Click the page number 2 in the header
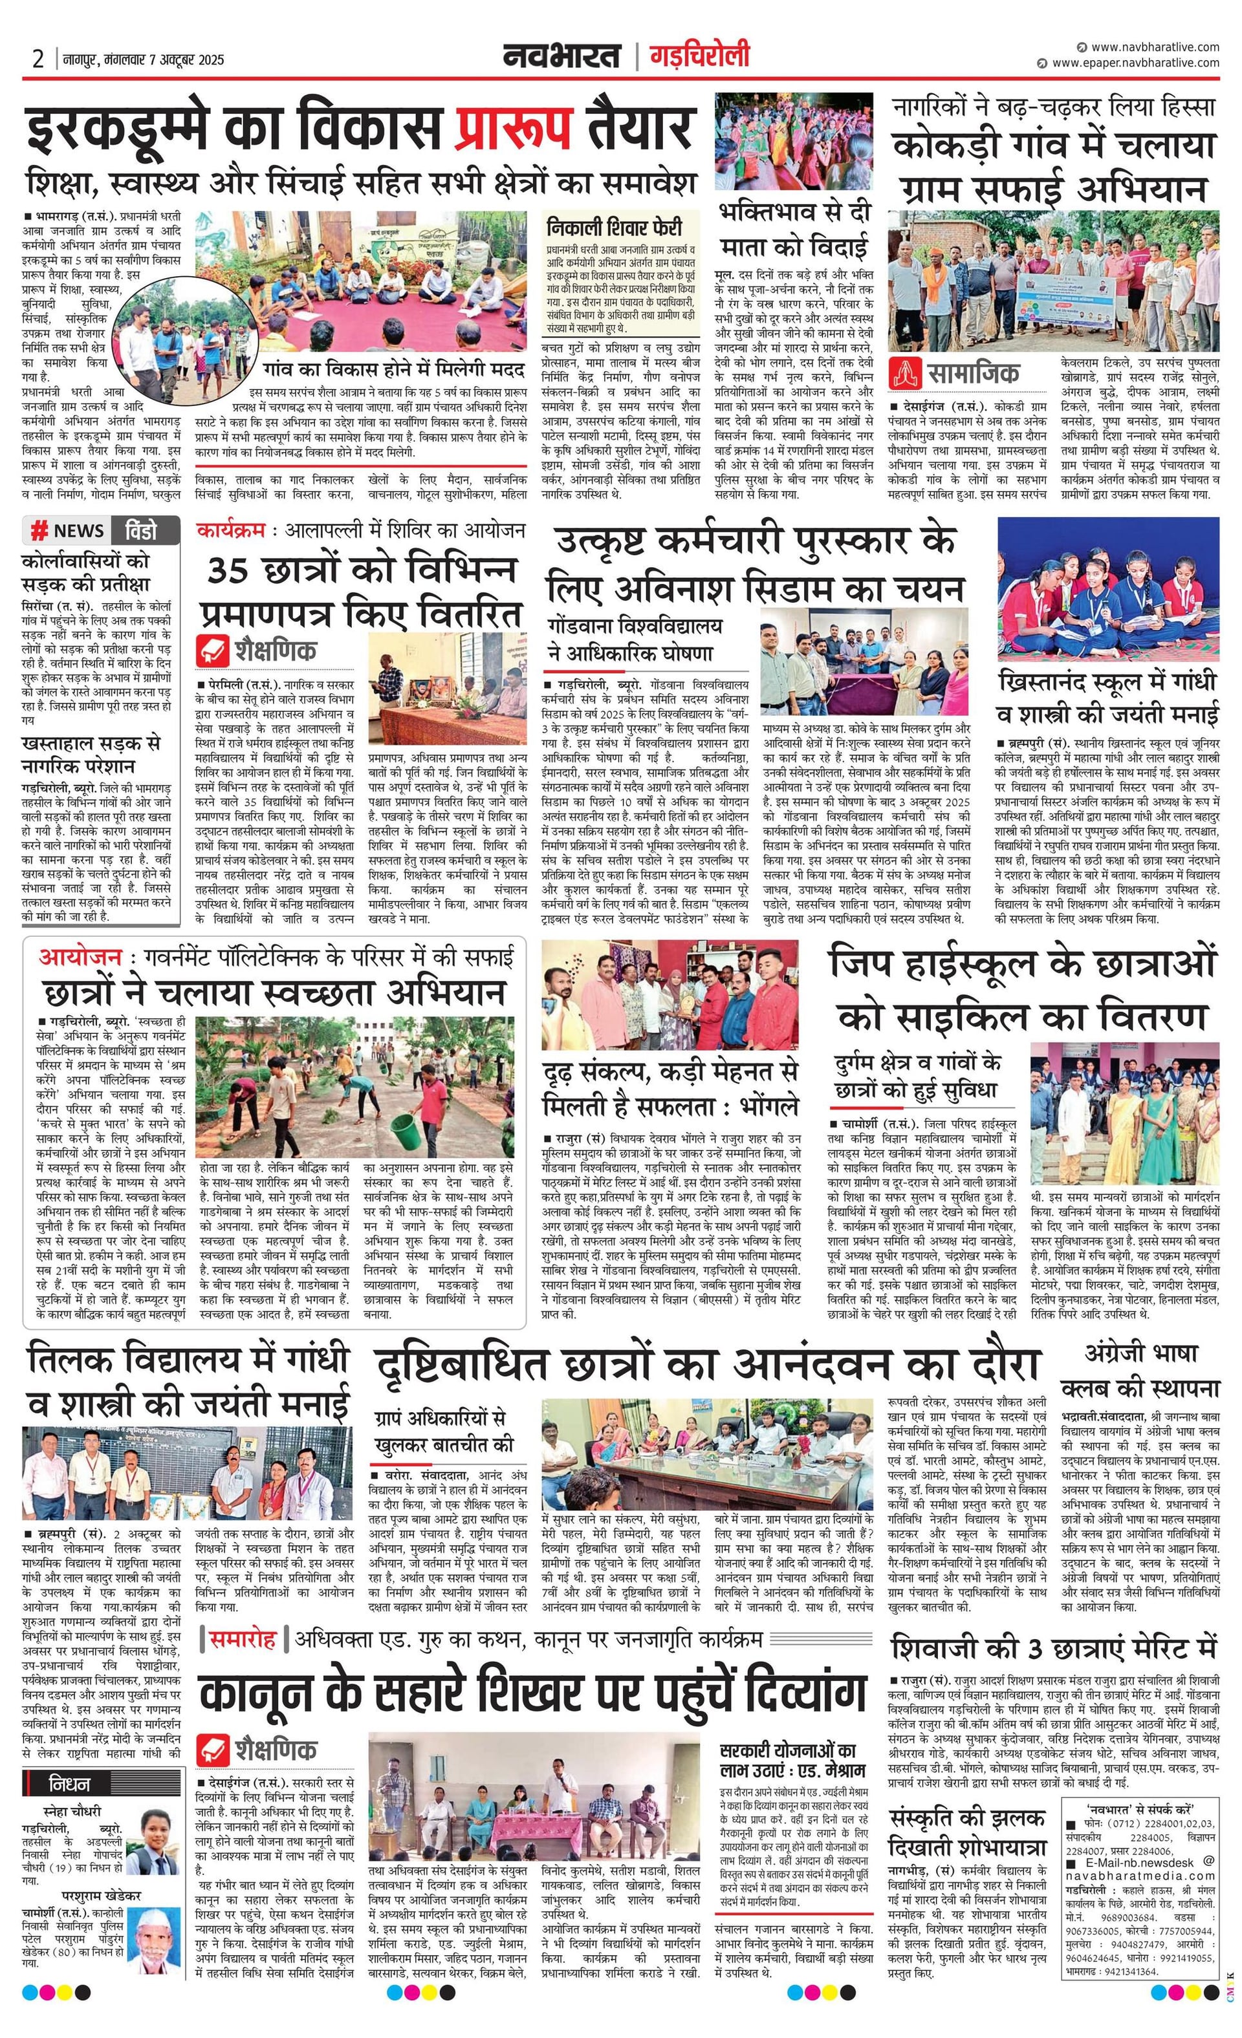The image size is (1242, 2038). tap(38, 59)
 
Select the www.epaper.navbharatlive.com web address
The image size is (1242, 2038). tap(1135, 63)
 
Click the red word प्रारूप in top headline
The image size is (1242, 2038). tap(513, 128)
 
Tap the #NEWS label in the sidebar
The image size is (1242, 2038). tap(68, 530)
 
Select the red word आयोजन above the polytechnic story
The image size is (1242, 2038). tap(80, 958)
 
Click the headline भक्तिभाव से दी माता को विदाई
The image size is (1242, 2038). tap(794, 229)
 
